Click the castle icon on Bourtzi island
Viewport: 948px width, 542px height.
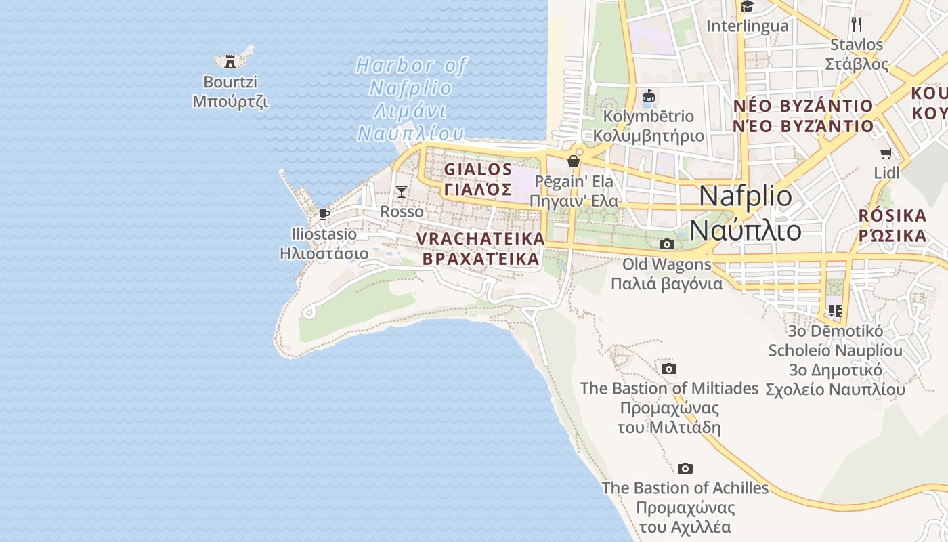pyautogui.click(x=230, y=61)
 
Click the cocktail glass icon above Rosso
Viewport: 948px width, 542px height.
pyautogui.click(x=402, y=192)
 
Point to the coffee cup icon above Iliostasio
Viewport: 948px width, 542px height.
pyautogui.click(x=324, y=214)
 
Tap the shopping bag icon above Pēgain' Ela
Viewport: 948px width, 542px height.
pyautogui.click(x=574, y=161)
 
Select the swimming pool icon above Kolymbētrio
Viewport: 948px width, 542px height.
pyautogui.click(x=648, y=96)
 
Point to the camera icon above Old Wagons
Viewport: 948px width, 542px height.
pyautogui.click(x=667, y=244)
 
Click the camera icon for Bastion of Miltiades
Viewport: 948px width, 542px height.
pyautogui.click(x=669, y=369)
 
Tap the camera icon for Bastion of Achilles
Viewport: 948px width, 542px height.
pyautogui.click(x=685, y=468)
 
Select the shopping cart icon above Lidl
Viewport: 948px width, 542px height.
pyautogui.click(x=886, y=153)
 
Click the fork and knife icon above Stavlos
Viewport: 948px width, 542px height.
pyautogui.click(x=857, y=24)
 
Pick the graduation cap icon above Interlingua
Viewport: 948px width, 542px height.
pyautogui.click(x=748, y=7)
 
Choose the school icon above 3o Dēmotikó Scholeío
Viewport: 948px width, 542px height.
pyautogui.click(x=835, y=310)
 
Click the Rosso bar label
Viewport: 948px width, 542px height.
pyautogui.click(x=402, y=211)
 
